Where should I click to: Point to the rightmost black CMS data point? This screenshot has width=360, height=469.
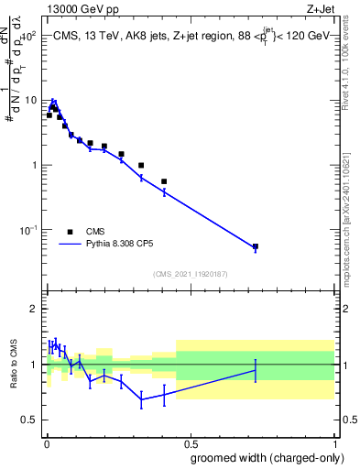tap(256, 246)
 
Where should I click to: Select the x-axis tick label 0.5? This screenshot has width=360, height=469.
tap(187, 442)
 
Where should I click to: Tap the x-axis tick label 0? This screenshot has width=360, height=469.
tap(46, 442)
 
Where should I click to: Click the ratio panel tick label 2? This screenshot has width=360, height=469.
tap(33, 309)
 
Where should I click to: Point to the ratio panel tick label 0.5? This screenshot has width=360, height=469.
tap(28, 420)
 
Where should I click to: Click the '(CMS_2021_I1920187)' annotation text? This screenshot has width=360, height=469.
tap(190, 274)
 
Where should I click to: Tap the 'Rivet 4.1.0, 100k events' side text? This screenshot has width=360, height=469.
tap(345, 63)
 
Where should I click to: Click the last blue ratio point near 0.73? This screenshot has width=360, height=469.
tap(256, 370)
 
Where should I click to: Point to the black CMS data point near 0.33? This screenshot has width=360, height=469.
tap(141, 166)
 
